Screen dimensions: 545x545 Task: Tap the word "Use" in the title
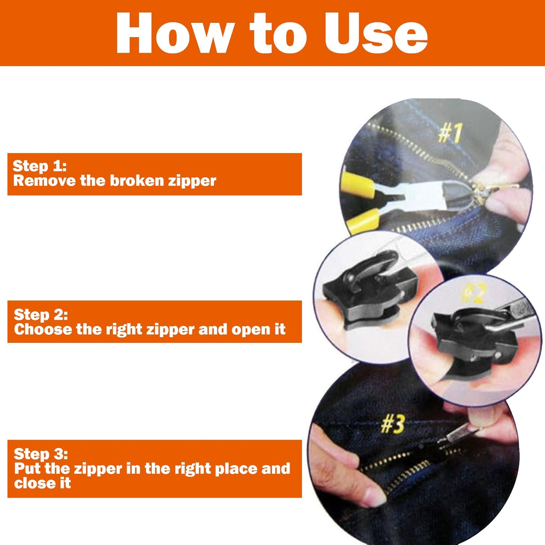point(376,33)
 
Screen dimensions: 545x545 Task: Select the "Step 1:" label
point(40,166)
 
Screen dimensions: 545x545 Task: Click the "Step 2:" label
point(41,315)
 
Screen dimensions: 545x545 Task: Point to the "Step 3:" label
point(41,454)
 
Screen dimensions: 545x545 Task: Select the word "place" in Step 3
point(236,469)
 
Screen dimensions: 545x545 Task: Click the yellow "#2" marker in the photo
point(473,293)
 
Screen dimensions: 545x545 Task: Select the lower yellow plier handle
point(363,220)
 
